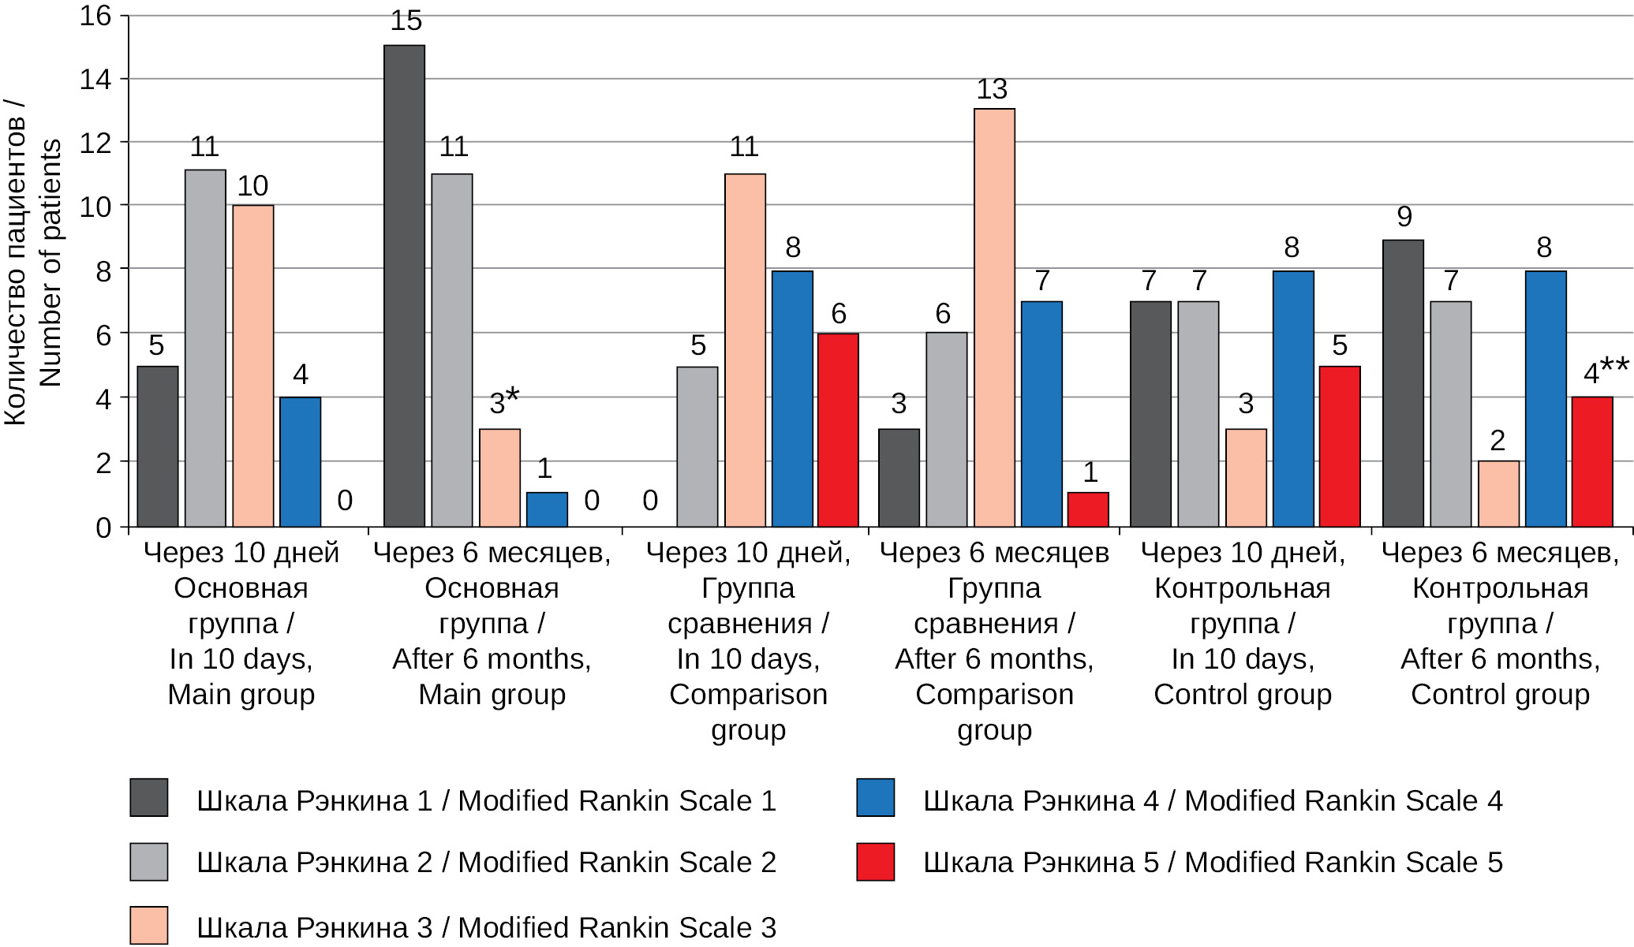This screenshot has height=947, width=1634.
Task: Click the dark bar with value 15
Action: [404, 285]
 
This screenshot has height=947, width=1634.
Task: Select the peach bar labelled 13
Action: [994, 317]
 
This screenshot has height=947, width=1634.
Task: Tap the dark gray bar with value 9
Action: [1403, 383]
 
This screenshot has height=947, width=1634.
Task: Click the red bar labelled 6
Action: [838, 430]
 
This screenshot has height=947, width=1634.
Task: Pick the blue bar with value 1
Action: [547, 509]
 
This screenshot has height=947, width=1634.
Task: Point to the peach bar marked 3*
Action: [499, 478]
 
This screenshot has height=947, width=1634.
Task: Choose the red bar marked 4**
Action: [1592, 461]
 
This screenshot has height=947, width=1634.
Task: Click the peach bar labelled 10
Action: [253, 366]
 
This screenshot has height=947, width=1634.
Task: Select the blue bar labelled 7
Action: [1041, 414]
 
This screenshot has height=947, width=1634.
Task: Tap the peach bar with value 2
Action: [1498, 494]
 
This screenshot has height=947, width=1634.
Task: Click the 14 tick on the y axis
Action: [95, 79]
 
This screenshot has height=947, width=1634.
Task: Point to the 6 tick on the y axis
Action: [103, 334]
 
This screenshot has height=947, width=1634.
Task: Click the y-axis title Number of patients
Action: [50, 263]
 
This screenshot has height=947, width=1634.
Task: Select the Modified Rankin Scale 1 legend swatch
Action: [148, 797]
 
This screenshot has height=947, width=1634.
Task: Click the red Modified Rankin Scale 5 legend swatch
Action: [875, 861]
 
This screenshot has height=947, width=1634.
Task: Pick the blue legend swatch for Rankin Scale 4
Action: [875, 797]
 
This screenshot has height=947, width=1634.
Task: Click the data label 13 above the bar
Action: [992, 90]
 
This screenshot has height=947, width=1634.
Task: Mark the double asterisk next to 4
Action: [1614, 366]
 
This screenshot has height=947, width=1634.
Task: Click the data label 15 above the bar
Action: [406, 21]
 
